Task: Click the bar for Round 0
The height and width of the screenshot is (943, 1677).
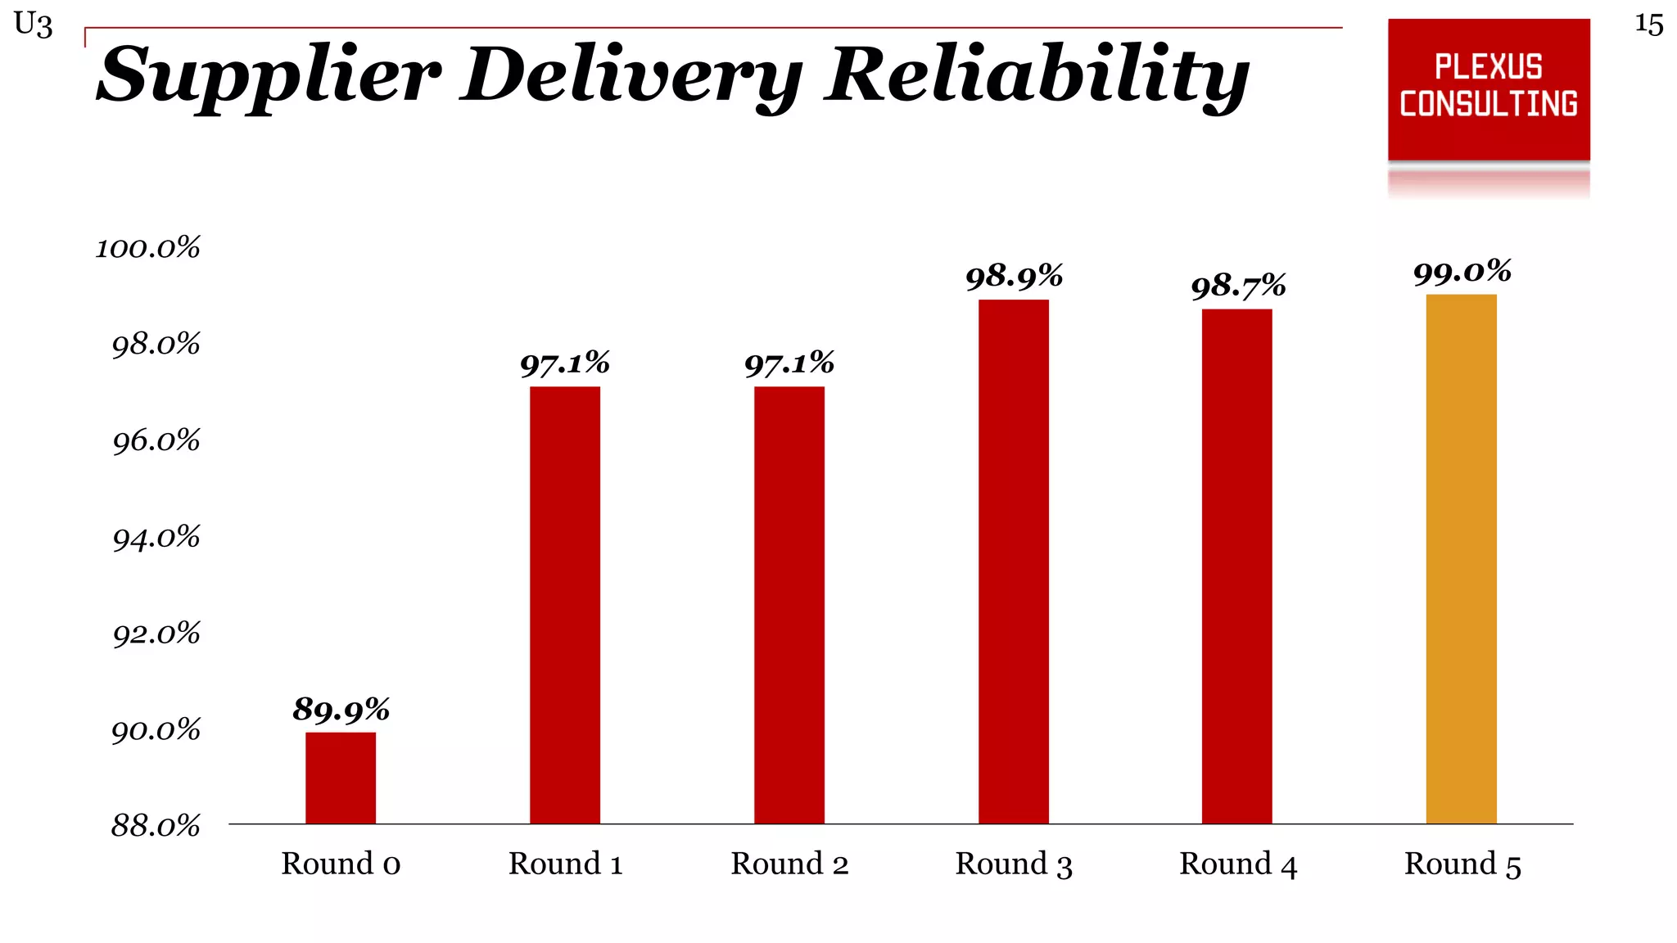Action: click(341, 778)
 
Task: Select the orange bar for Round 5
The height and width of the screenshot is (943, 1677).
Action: click(1461, 558)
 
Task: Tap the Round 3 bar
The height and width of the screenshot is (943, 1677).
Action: click(1013, 562)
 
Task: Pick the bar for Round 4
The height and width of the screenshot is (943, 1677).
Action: click(1236, 566)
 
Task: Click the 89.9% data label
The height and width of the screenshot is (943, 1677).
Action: click(341, 709)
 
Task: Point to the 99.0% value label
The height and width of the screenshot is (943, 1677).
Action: click(1462, 272)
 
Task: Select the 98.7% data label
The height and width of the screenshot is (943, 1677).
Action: click(1238, 287)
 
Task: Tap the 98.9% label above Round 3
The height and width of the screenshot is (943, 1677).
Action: click(1014, 277)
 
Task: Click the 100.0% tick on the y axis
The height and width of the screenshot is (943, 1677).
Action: click(148, 248)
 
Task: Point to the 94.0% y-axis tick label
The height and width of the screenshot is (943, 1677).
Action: click(156, 538)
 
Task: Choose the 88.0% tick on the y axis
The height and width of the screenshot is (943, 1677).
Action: click(156, 826)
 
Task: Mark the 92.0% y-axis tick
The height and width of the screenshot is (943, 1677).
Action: click(156, 634)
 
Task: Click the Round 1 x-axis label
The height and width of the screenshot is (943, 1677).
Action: click(565, 864)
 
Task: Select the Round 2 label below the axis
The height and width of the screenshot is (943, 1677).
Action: click(789, 864)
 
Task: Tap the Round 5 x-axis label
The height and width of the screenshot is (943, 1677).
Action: click(1462, 864)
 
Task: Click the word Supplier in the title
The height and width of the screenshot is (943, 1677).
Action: click(269, 75)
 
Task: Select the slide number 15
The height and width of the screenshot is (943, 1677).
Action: click(1648, 25)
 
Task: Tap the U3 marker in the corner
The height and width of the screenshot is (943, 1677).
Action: click(33, 25)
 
